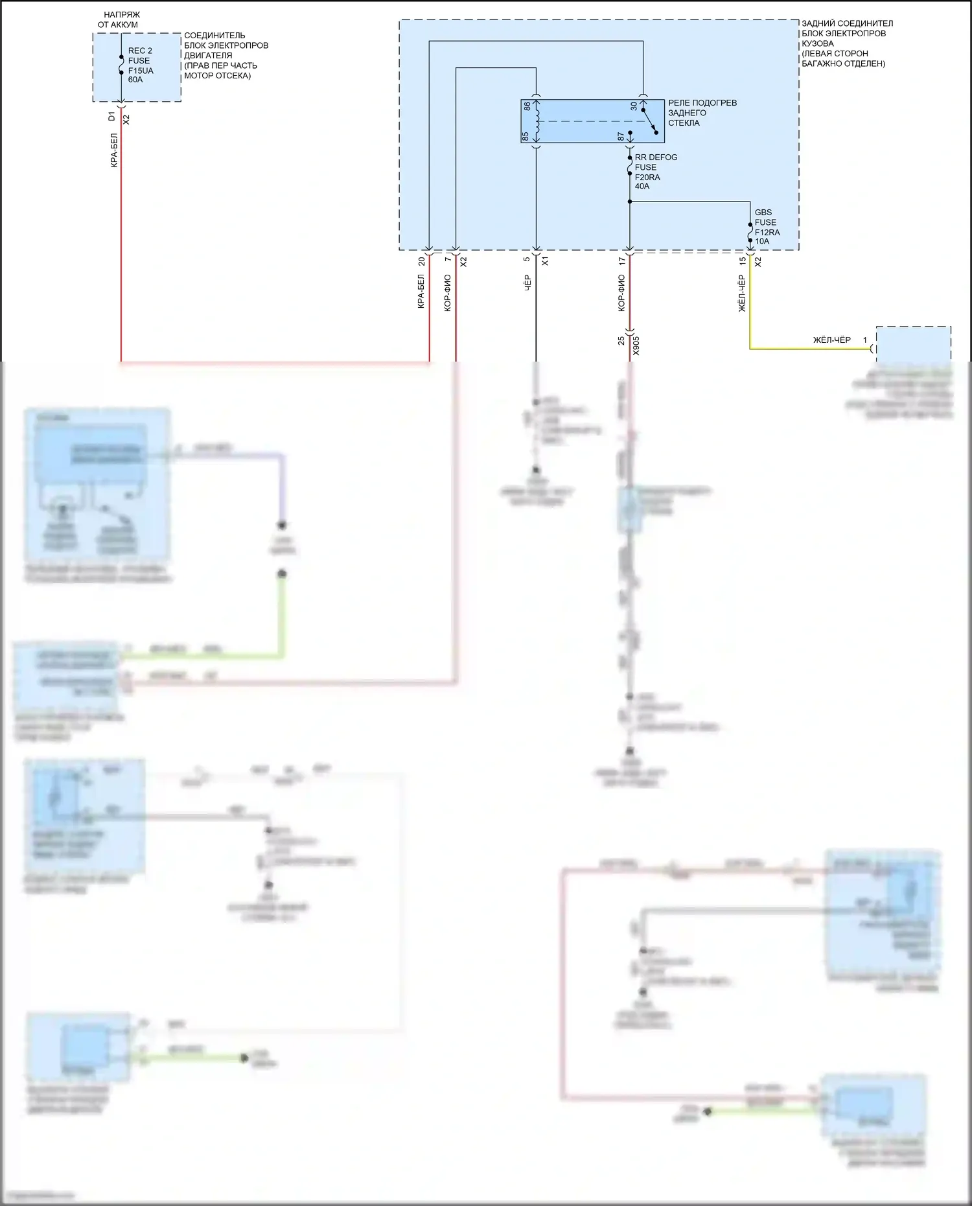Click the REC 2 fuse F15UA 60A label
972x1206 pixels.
point(140,65)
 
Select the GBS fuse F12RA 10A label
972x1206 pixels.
point(767,227)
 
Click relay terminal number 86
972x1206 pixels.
point(527,106)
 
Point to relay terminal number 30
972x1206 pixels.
point(634,106)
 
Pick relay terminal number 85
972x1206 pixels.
point(526,136)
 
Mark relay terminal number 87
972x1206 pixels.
point(621,137)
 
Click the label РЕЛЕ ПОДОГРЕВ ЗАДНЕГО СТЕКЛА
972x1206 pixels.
point(702,113)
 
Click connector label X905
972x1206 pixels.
point(636,345)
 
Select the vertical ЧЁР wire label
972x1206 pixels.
point(527,283)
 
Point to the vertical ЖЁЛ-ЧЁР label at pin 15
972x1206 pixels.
point(742,293)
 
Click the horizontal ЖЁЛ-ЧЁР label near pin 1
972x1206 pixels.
point(831,340)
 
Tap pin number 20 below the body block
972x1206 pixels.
point(422,261)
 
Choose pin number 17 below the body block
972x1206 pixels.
point(622,261)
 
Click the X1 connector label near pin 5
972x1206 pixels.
point(545,261)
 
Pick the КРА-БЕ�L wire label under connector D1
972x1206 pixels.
point(114,150)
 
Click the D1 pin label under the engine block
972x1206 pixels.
point(112,117)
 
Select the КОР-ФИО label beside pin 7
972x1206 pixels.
point(448,293)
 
